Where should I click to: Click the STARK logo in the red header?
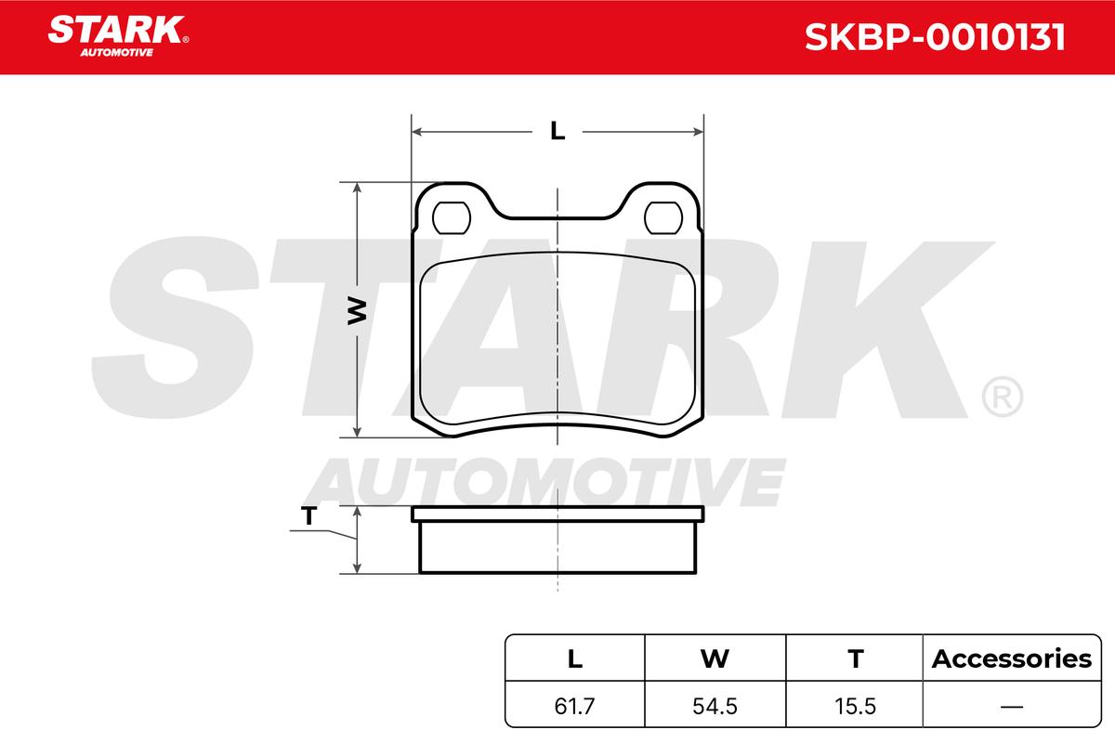pyautogui.click(x=118, y=36)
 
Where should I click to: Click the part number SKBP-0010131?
pyautogui.click(x=935, y=37)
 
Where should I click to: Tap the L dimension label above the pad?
pyautogui.click(x=557, y=131)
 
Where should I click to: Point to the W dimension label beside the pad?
pyautogui.click(x=357, y=311)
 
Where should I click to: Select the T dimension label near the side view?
pyautogui.click(x=308, y=515)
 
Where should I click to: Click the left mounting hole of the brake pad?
pyautogui.click(x=452, y=218)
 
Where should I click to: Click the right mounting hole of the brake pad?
pyautogui.click(x=663, y=218)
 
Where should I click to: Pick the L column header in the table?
pyautogui.click(x=575, y=658)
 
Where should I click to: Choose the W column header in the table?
pyautogui.click(x=715, y=658)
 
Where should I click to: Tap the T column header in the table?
pyautogui.click(x=855, y=658)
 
